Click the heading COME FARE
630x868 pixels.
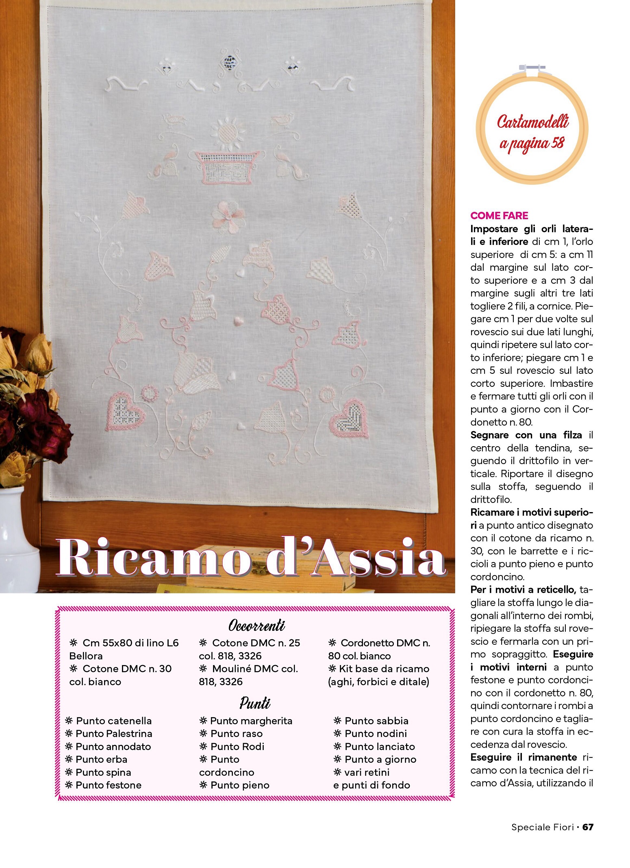pos(499,216)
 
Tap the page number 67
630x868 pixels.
pos(588,827)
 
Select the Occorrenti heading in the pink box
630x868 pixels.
pos(256,625)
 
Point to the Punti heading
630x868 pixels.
pos(255,703)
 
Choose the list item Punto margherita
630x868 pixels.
pos(251,721)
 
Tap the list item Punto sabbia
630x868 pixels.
pos(376,721)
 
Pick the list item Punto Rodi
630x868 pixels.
pos(237,746)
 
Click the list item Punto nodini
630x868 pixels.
pos(375,733)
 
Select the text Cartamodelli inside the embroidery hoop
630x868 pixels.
pos(532,122)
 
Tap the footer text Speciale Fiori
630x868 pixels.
pos(542,827)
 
